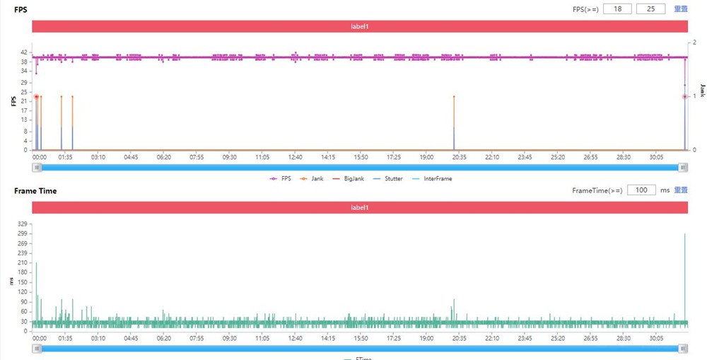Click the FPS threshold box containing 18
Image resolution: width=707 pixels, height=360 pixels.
[x=617, y=8]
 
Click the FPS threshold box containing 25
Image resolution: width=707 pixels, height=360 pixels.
[x=650, y=8]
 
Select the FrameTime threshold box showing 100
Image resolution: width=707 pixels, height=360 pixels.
[x=641, y=190]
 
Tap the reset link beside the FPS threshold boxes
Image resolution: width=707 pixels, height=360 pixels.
[x=681, y=8]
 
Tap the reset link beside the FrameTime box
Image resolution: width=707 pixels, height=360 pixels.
[x=681, y=190]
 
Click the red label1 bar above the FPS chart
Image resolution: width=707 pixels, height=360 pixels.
[x=360, y=26]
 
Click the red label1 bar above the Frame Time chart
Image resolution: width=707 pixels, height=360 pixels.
[x=360, y=207]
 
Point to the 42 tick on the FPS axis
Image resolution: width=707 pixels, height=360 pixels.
[x=24, y=52]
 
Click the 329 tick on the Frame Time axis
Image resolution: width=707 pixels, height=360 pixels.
[x=23, y=223]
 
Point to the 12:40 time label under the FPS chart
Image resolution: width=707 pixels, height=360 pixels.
[x=295, y=158]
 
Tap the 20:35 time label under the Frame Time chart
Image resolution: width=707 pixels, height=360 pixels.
[x=459, y=338]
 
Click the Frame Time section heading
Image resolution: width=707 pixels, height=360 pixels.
[x=35, y=191]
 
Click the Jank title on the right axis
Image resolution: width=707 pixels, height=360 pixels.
[x=702, y=88]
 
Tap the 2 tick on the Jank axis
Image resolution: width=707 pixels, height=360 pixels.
[x=695, y=42]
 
